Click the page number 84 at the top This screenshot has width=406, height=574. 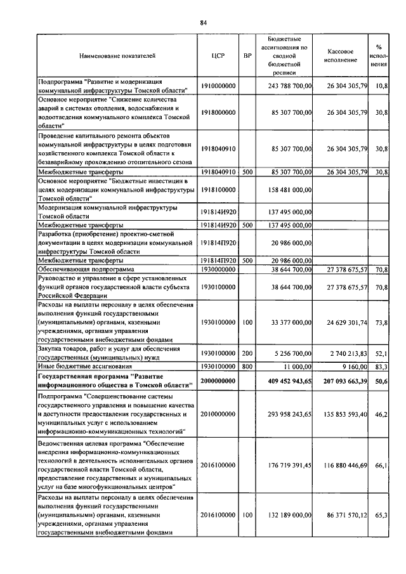(x=204, y=23)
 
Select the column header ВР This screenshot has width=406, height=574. (x=247, y=56)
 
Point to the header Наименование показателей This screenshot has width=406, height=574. (x=117, y=56)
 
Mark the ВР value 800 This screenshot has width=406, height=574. (x=247, y=367)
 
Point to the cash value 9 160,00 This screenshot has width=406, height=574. (x=353, y=367)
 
